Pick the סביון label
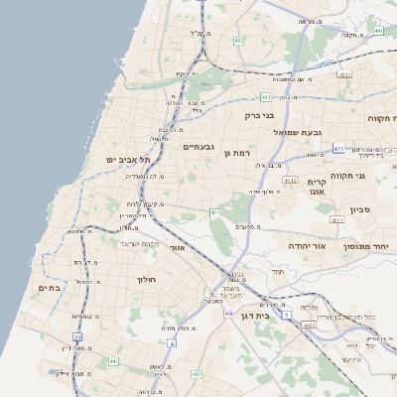(x=360, y=210)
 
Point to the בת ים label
(x=50, y=288)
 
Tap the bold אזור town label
(x=179, y=248)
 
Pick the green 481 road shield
(x=267, y=97)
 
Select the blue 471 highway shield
(x=338, y=149)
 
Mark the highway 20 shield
(x=77, y=337)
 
